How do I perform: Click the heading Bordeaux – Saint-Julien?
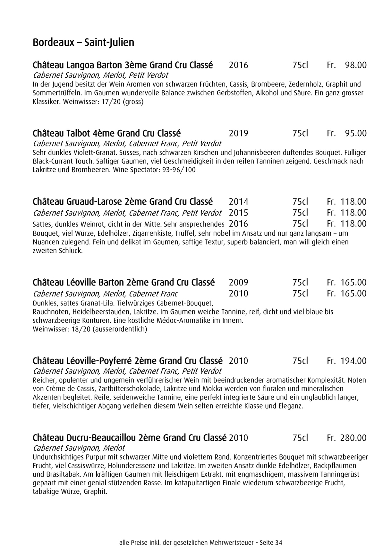83,42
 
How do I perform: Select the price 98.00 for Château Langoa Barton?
355,65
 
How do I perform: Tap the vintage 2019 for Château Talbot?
238,133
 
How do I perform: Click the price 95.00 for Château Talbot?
355,133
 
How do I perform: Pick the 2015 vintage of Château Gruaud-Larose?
238,213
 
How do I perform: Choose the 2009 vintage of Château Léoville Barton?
238,282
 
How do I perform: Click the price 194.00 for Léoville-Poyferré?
353,361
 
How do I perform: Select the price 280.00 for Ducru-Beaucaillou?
353,438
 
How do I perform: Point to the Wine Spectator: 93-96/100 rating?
154,170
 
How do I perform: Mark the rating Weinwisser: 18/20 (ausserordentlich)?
90,329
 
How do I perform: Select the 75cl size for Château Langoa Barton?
300,65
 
